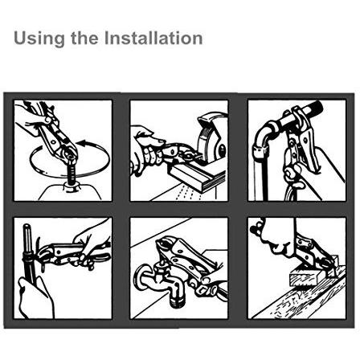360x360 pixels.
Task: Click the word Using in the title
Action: click(x=39, y=39)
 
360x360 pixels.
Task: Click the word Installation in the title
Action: click(x=153, y=38)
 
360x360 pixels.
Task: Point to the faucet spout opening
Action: click(x=177, y=302)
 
